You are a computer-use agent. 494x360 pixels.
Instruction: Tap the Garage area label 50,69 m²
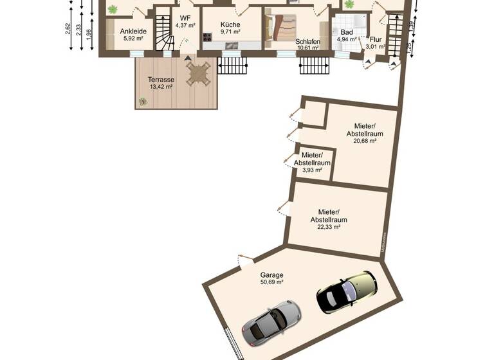click(x=272, y=282)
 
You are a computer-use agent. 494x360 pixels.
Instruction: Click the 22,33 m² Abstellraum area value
click(x=329, y=227)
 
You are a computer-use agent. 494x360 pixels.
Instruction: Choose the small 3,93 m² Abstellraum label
click(x=312, y=170)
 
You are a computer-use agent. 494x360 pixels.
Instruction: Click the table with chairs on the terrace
click(x=199, y=73)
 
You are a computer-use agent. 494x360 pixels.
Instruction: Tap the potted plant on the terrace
click(x=143, y=101)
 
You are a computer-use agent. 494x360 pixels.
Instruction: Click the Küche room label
click(x=230, y=24)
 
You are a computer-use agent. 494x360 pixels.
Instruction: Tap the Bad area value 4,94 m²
click(x=346, y=39)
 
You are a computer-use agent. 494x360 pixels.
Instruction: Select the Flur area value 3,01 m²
click(x=375, y=46)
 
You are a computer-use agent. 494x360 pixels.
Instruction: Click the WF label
click(x=185, y=17)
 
